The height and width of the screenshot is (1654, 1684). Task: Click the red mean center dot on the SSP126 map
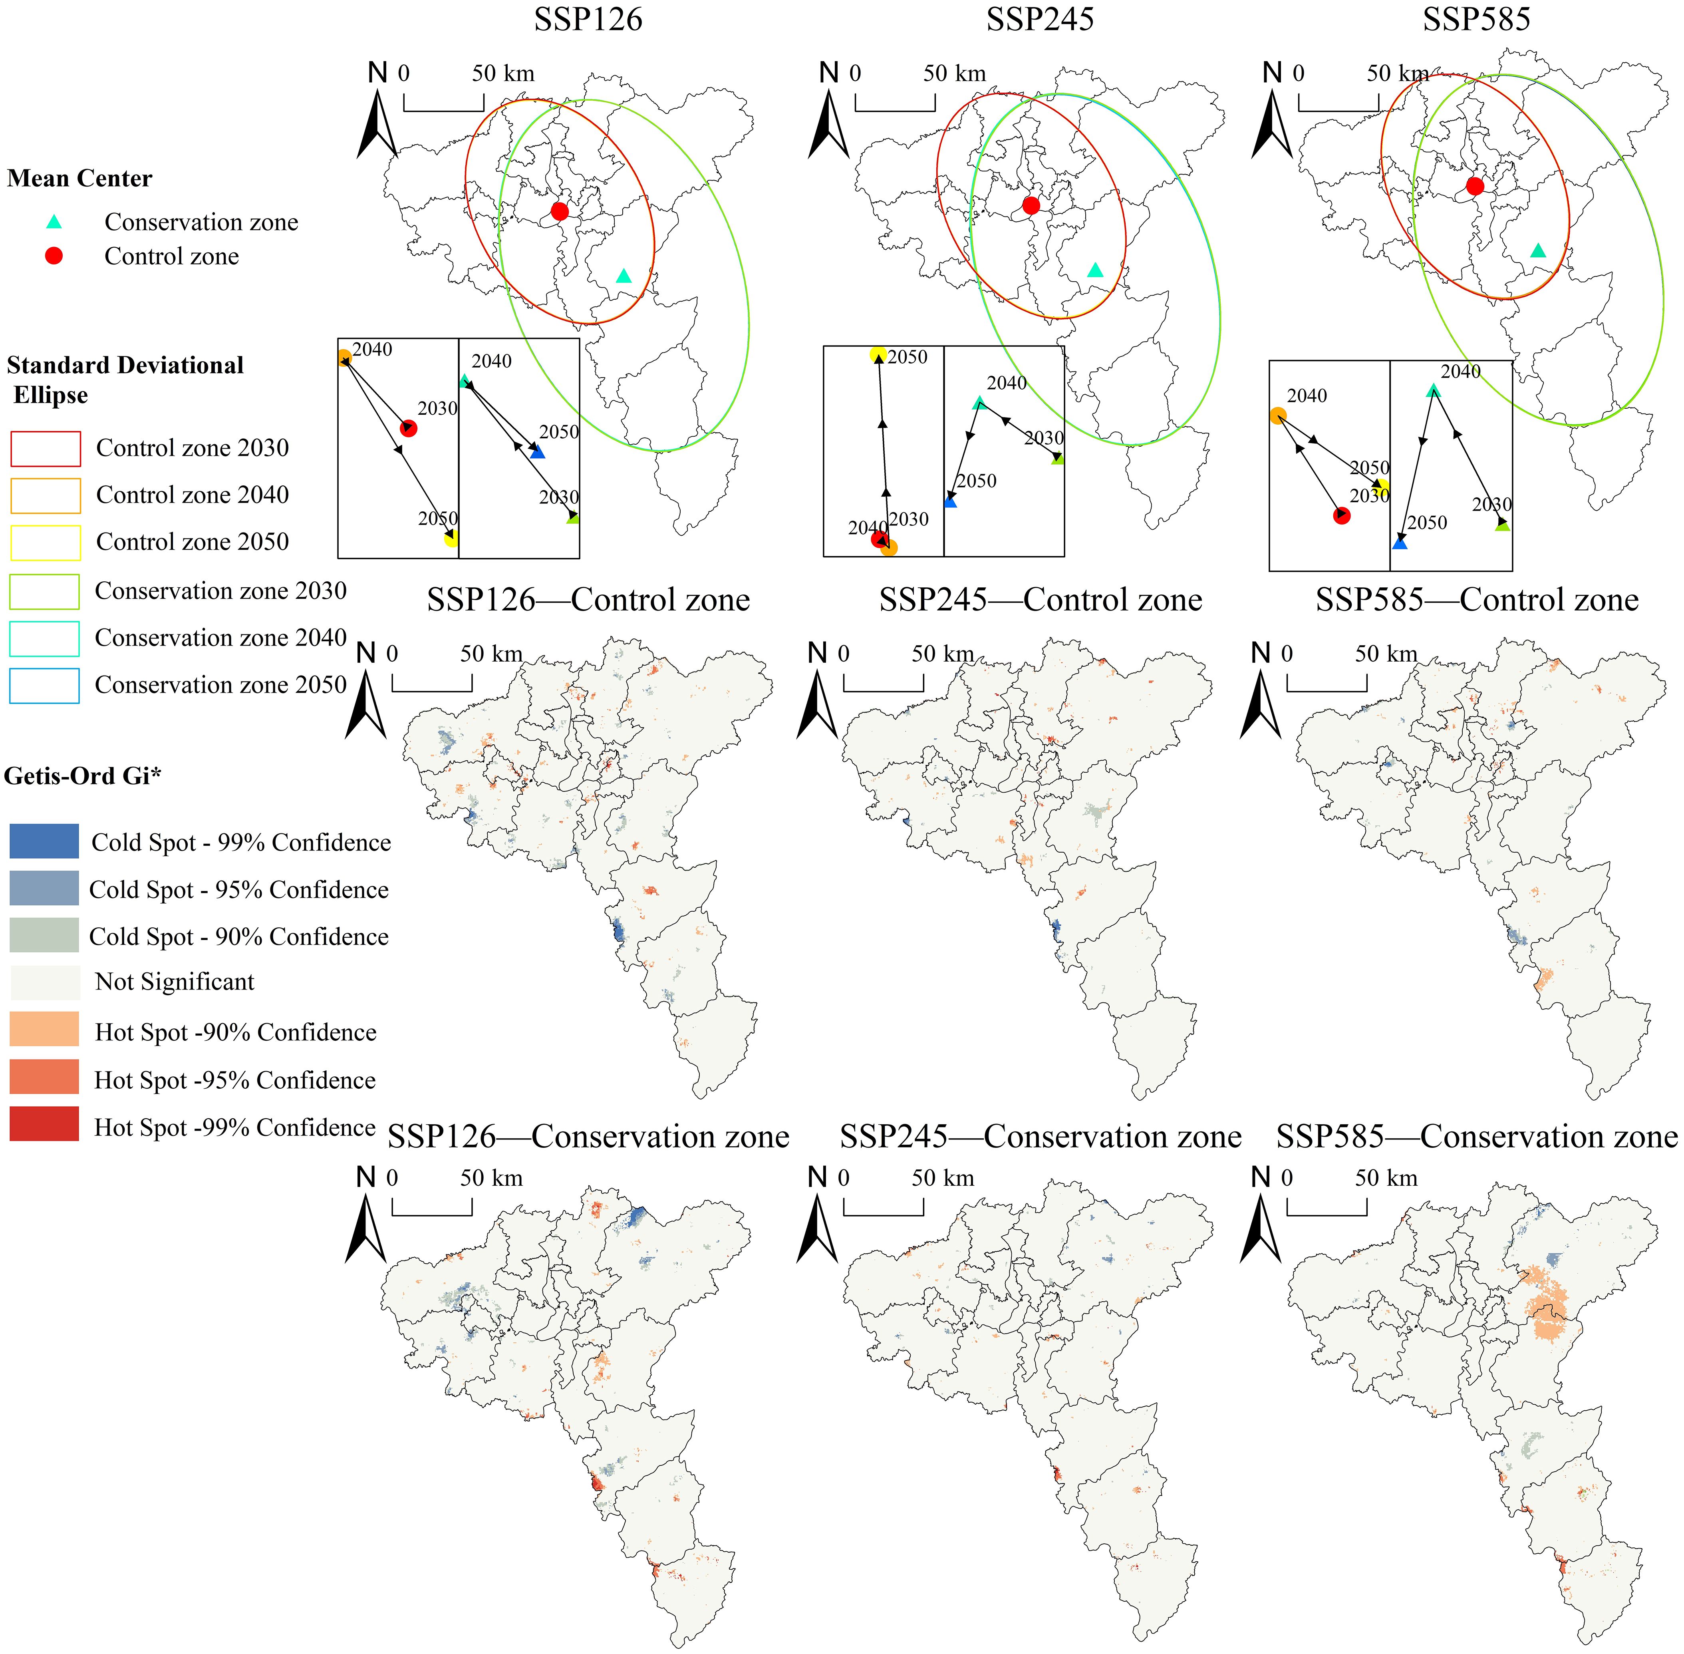pos(559,211)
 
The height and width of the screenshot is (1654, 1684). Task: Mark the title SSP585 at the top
pos(1475,19)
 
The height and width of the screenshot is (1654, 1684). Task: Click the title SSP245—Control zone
pos(1041,599)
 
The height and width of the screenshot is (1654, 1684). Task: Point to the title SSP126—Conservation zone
pos(588,1136)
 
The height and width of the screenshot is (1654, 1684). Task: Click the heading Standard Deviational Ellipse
pos(125,380)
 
